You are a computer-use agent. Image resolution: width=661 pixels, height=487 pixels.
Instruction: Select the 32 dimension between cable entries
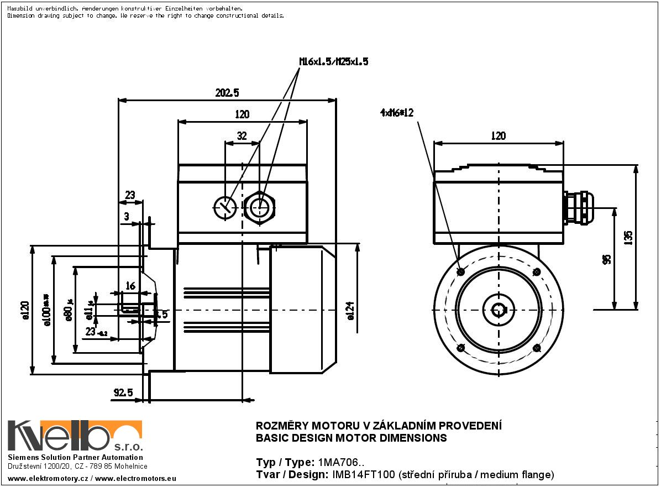242,135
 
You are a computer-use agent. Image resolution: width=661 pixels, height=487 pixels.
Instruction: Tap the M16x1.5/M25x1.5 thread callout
334,62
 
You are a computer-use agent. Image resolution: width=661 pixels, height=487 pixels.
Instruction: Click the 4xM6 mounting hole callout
397,113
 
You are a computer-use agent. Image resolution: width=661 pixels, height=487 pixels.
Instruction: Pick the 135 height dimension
628,237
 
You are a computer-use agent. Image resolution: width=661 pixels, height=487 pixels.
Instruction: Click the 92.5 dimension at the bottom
123,392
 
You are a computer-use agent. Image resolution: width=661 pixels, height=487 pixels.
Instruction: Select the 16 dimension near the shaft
130,286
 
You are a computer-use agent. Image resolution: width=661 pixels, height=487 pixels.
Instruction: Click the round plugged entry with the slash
225,208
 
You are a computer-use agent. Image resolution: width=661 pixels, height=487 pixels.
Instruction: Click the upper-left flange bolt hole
461,272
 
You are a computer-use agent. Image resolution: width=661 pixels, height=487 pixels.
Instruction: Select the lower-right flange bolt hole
536,348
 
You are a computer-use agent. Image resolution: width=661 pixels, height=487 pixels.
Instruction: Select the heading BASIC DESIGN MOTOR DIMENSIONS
351,438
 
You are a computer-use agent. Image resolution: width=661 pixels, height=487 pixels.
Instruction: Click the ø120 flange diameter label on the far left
24,311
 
